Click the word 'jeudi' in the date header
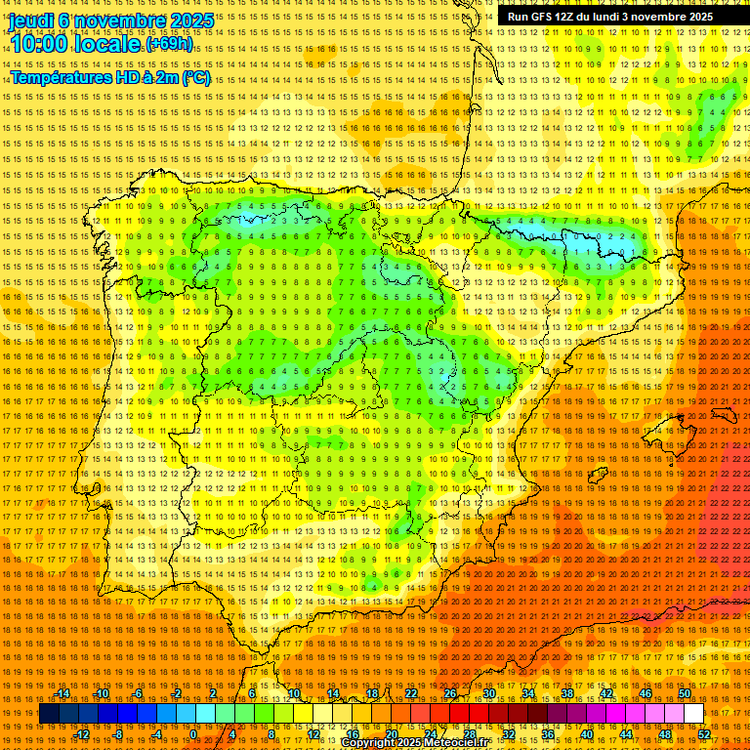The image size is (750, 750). point(30,21)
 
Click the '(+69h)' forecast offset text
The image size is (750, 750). point(169,44)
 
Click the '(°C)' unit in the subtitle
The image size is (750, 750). point(193,77)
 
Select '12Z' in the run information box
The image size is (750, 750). point(569,17)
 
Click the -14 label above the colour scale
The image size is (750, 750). point(62,693)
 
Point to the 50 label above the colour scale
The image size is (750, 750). point(685,693)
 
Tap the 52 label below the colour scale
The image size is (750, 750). point(704,734)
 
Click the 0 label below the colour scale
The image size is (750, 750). point(194,734)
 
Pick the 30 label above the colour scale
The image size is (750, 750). point(489,693)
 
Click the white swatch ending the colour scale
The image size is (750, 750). point(693,714)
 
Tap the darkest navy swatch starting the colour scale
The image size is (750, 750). point(48,714)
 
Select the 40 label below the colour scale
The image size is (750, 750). point(587,734)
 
